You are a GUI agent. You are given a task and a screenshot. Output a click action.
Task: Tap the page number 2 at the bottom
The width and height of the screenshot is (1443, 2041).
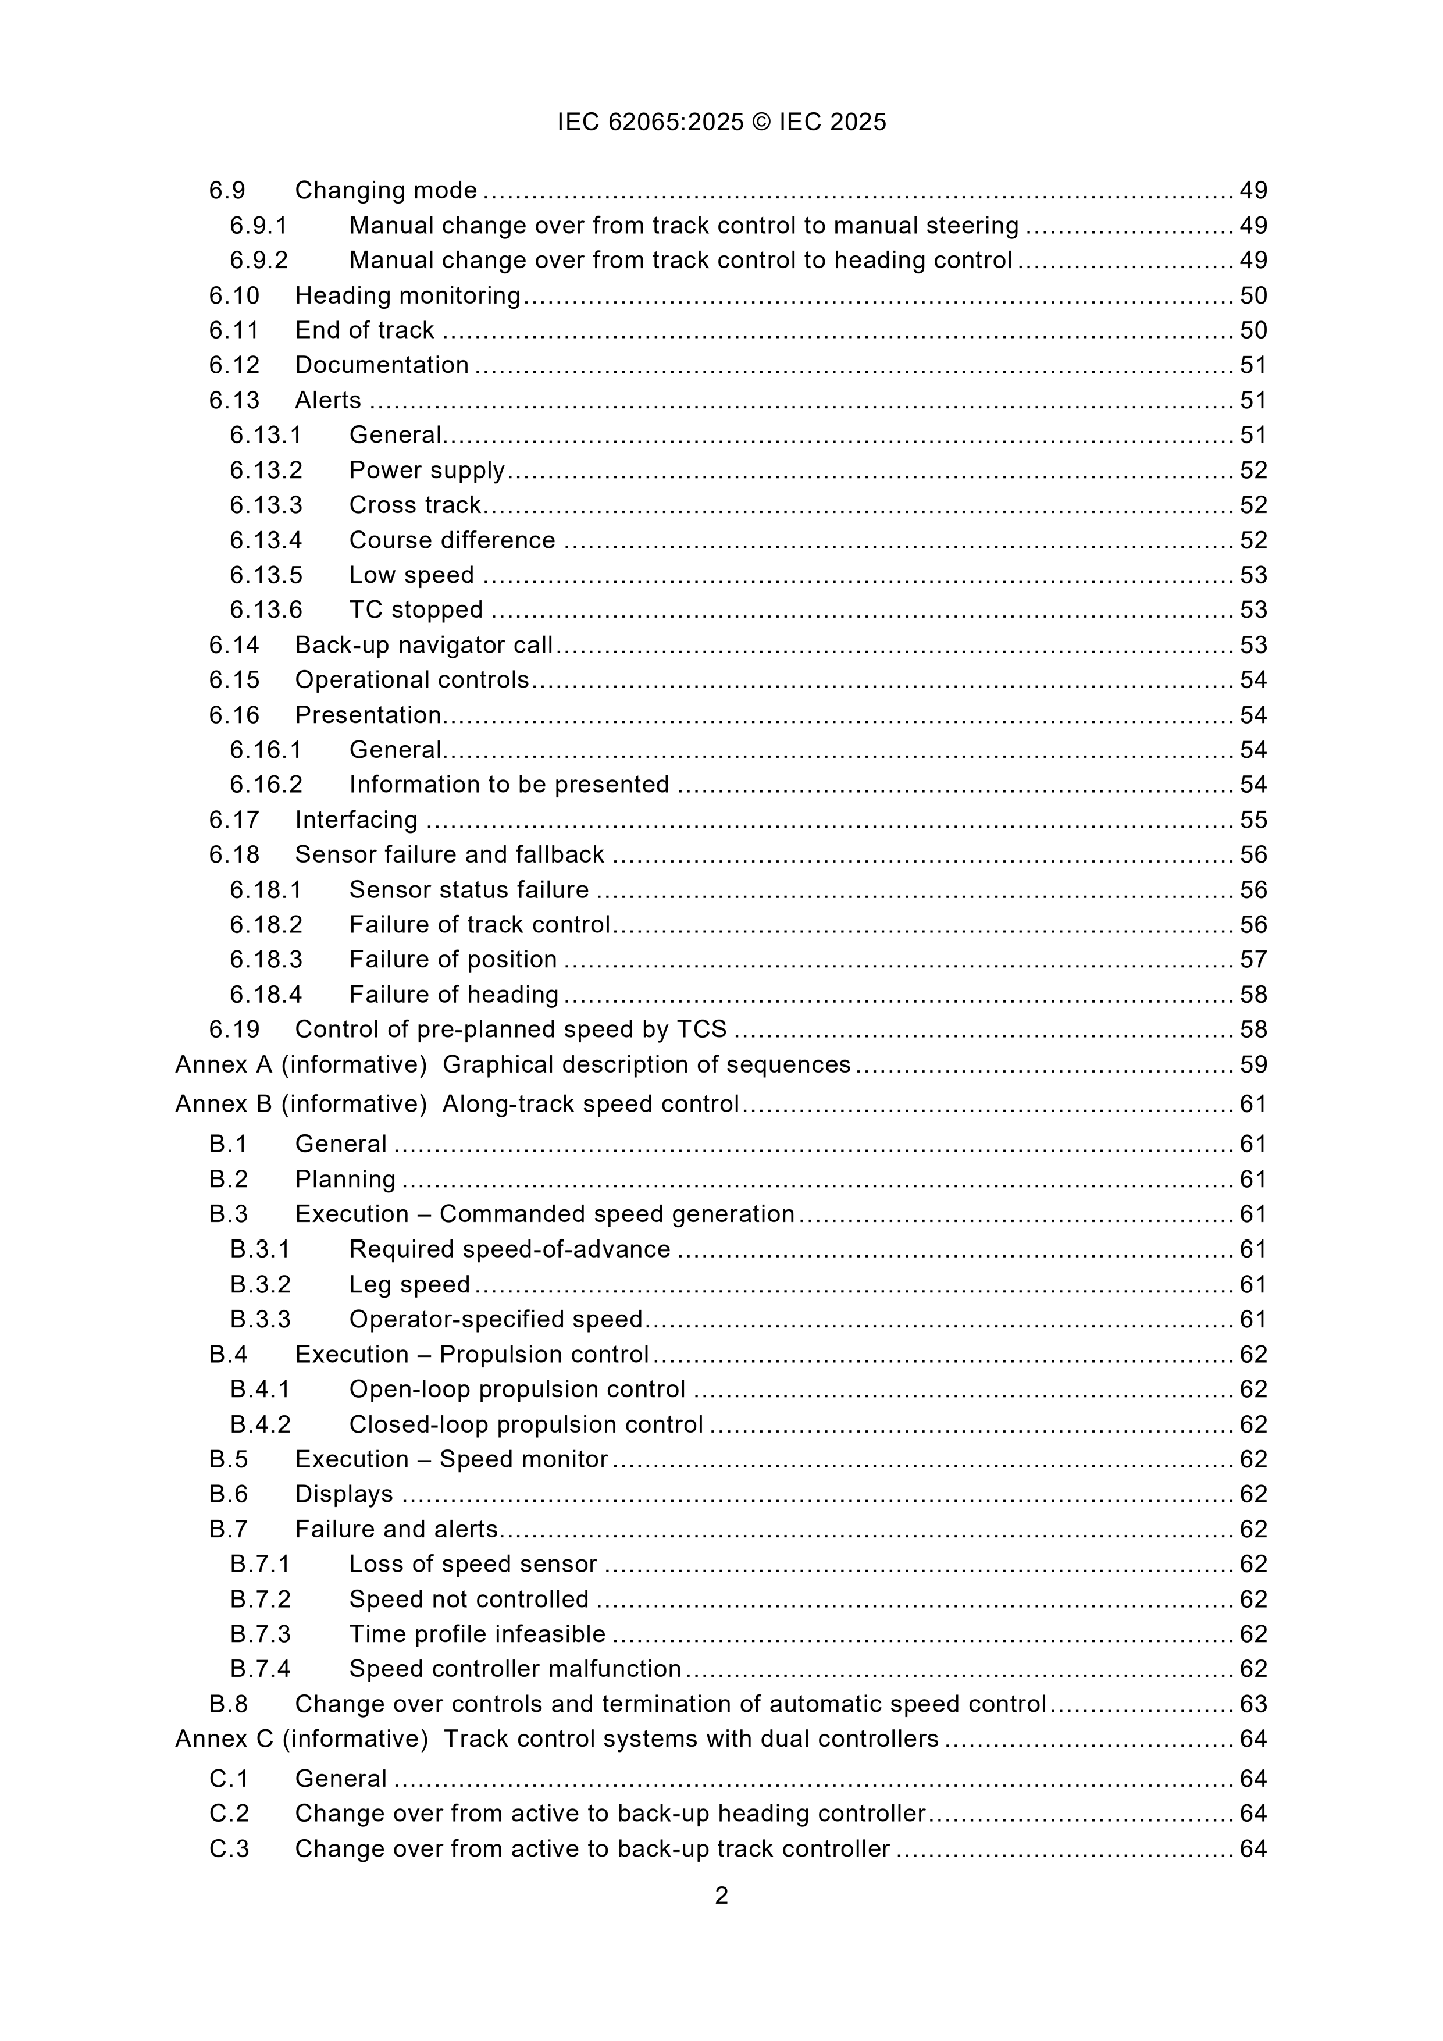pyautogui.click(x=721, y=1896)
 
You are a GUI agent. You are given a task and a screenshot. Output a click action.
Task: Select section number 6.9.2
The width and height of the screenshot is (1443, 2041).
pyautogui.click(x=259, y=261)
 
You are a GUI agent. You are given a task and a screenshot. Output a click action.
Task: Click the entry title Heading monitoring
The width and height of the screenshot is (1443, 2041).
pyautogui.click(x=407, y=295)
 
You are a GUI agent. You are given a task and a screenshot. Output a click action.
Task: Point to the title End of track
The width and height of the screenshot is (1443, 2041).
pyautogui.click(x=365, y=330)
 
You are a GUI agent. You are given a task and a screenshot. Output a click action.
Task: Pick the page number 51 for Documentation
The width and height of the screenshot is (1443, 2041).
pyautogui.click(x=1253, y=365)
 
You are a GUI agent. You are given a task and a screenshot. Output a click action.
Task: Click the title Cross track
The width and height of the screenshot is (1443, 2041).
pyautogui.click(x=414, y=505)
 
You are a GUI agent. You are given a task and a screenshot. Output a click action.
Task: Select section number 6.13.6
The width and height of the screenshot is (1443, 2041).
pyautogui.click(x=266, y=610)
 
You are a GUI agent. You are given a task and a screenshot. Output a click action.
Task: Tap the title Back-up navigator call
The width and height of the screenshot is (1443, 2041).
pyautogui.click(x=424, y=644)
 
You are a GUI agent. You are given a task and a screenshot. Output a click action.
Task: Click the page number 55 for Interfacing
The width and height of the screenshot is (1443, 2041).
pyautogui.click(x=1253, y=820)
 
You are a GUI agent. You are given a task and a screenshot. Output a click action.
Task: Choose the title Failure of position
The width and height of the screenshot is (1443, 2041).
pyautogui.click(x=453, y=959)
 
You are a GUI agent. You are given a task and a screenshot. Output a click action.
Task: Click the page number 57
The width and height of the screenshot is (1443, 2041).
pyautogui.click(x=1253, y=959)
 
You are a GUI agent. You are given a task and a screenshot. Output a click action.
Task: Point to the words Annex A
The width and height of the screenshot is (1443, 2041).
pyautogui.click(x=223, y=1065)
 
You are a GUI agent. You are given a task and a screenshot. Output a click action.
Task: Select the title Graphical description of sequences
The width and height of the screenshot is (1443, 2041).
pyautogui.click(x=646, y=1065)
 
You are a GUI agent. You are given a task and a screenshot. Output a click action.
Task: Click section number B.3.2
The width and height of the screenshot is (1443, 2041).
pyautogui.click(x=259, y=1284)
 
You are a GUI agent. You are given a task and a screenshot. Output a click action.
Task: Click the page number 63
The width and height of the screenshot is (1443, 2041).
pyautogui.click(x=1253, y=1704)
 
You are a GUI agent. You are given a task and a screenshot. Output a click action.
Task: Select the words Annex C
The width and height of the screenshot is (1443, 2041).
pyautogui.click(x=224, y=1739)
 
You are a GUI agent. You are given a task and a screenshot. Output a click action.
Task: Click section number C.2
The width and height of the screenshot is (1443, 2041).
pyautogui.click(x=229, y=1814)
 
